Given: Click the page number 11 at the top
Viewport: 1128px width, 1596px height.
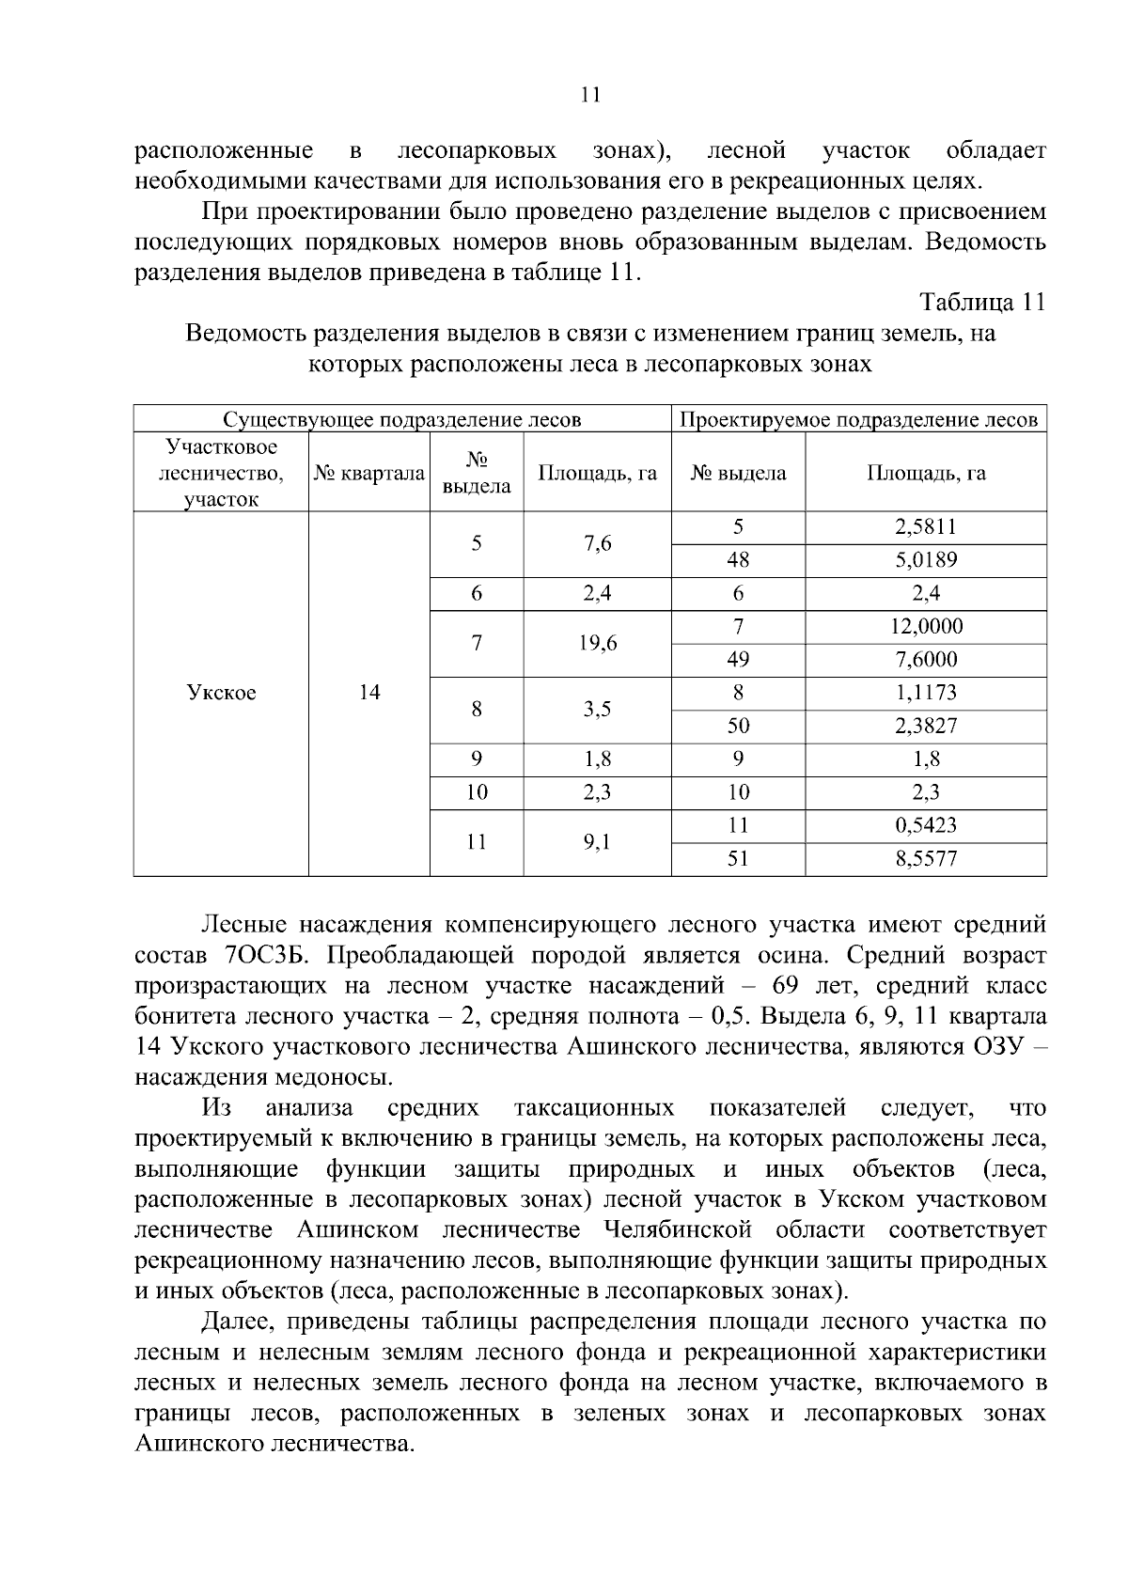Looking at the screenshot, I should (x=590, y=94).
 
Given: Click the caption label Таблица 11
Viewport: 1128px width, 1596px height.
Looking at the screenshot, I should (x=982, y=303).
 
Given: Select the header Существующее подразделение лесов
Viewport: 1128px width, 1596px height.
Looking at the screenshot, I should (x=401, y=419).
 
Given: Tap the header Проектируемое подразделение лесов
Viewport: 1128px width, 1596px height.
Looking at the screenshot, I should (x=858, y=419).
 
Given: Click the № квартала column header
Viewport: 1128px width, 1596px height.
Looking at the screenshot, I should (x=368, y=473).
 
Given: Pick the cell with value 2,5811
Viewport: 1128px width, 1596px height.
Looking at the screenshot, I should (x=925, y=527).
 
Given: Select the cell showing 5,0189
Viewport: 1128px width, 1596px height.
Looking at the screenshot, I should (x=925, y=560).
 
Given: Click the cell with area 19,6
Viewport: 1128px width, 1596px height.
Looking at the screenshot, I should (x=596, y=643).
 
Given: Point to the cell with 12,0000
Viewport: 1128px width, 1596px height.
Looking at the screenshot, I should (x=925, y=627).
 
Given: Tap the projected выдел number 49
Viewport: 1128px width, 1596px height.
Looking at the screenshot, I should (x=738, y=660).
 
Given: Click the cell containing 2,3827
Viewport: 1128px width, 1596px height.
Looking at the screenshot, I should (x=925, y=726).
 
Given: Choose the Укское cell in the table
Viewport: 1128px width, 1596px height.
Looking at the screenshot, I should (x=221, y=693).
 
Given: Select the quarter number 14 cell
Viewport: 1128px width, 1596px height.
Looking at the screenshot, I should (x=368, y=693).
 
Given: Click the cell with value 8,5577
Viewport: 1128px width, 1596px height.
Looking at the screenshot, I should (x=925, y=858).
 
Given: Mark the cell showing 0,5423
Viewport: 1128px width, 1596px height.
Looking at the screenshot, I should (x=925, y=825).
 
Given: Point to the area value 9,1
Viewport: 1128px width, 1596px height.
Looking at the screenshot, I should (x=596, y=842).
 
